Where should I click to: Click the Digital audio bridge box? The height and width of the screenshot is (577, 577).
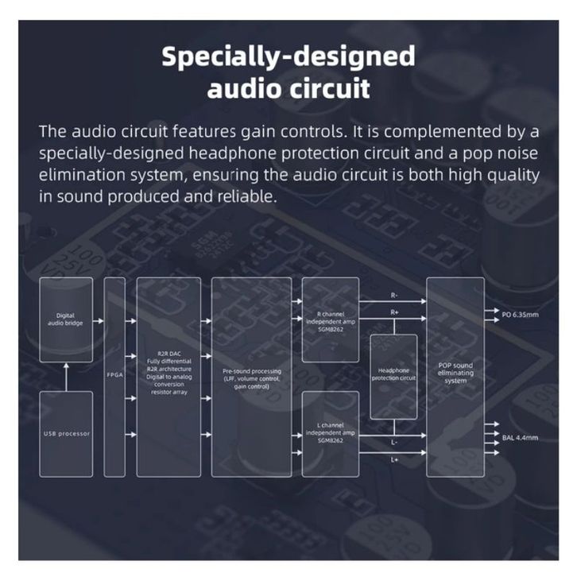pos(66,319)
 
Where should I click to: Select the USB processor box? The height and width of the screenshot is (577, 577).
pos(66,434)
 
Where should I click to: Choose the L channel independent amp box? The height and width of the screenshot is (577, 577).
pos(328,434)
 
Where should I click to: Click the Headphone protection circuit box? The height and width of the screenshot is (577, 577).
pos(394,376)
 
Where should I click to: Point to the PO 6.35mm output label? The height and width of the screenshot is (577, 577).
pos(521,316)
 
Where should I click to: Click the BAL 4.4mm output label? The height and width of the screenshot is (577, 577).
pos(521,437)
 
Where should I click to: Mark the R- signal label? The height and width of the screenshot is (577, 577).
pos(395,295)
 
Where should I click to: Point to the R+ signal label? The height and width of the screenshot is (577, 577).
pos(395,312)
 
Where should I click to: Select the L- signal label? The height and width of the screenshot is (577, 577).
pos(395,442)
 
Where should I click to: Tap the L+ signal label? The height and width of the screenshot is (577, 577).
pos(395,459)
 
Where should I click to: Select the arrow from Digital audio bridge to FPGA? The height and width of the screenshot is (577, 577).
pos(99,322)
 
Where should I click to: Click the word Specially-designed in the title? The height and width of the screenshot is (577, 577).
pos(288,56)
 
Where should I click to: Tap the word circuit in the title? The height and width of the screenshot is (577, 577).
pos(326,88)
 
